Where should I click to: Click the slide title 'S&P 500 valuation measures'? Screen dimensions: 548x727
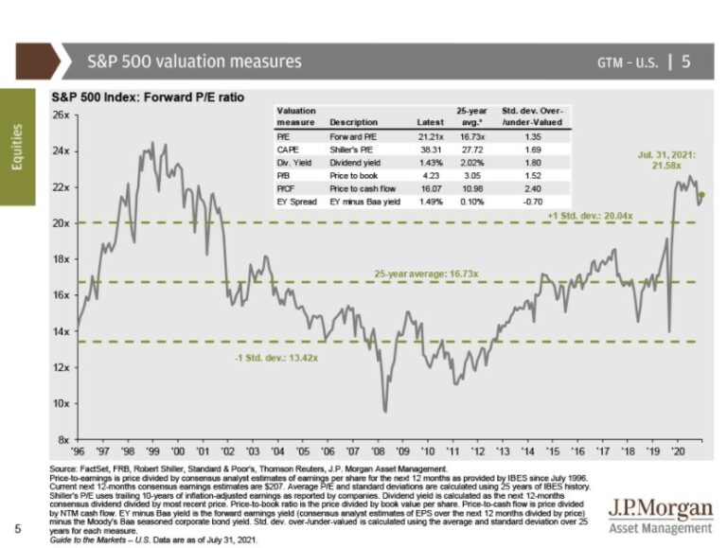coord(194,62)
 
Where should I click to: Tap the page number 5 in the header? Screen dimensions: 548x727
coord(685,62)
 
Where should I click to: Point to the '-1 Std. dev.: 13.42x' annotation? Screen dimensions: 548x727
coord(274,358)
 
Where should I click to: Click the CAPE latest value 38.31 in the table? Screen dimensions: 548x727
coord(430,149)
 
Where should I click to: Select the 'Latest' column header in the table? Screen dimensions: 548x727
coord(430,122)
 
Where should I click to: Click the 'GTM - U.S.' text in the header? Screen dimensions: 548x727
coord(627,62)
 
